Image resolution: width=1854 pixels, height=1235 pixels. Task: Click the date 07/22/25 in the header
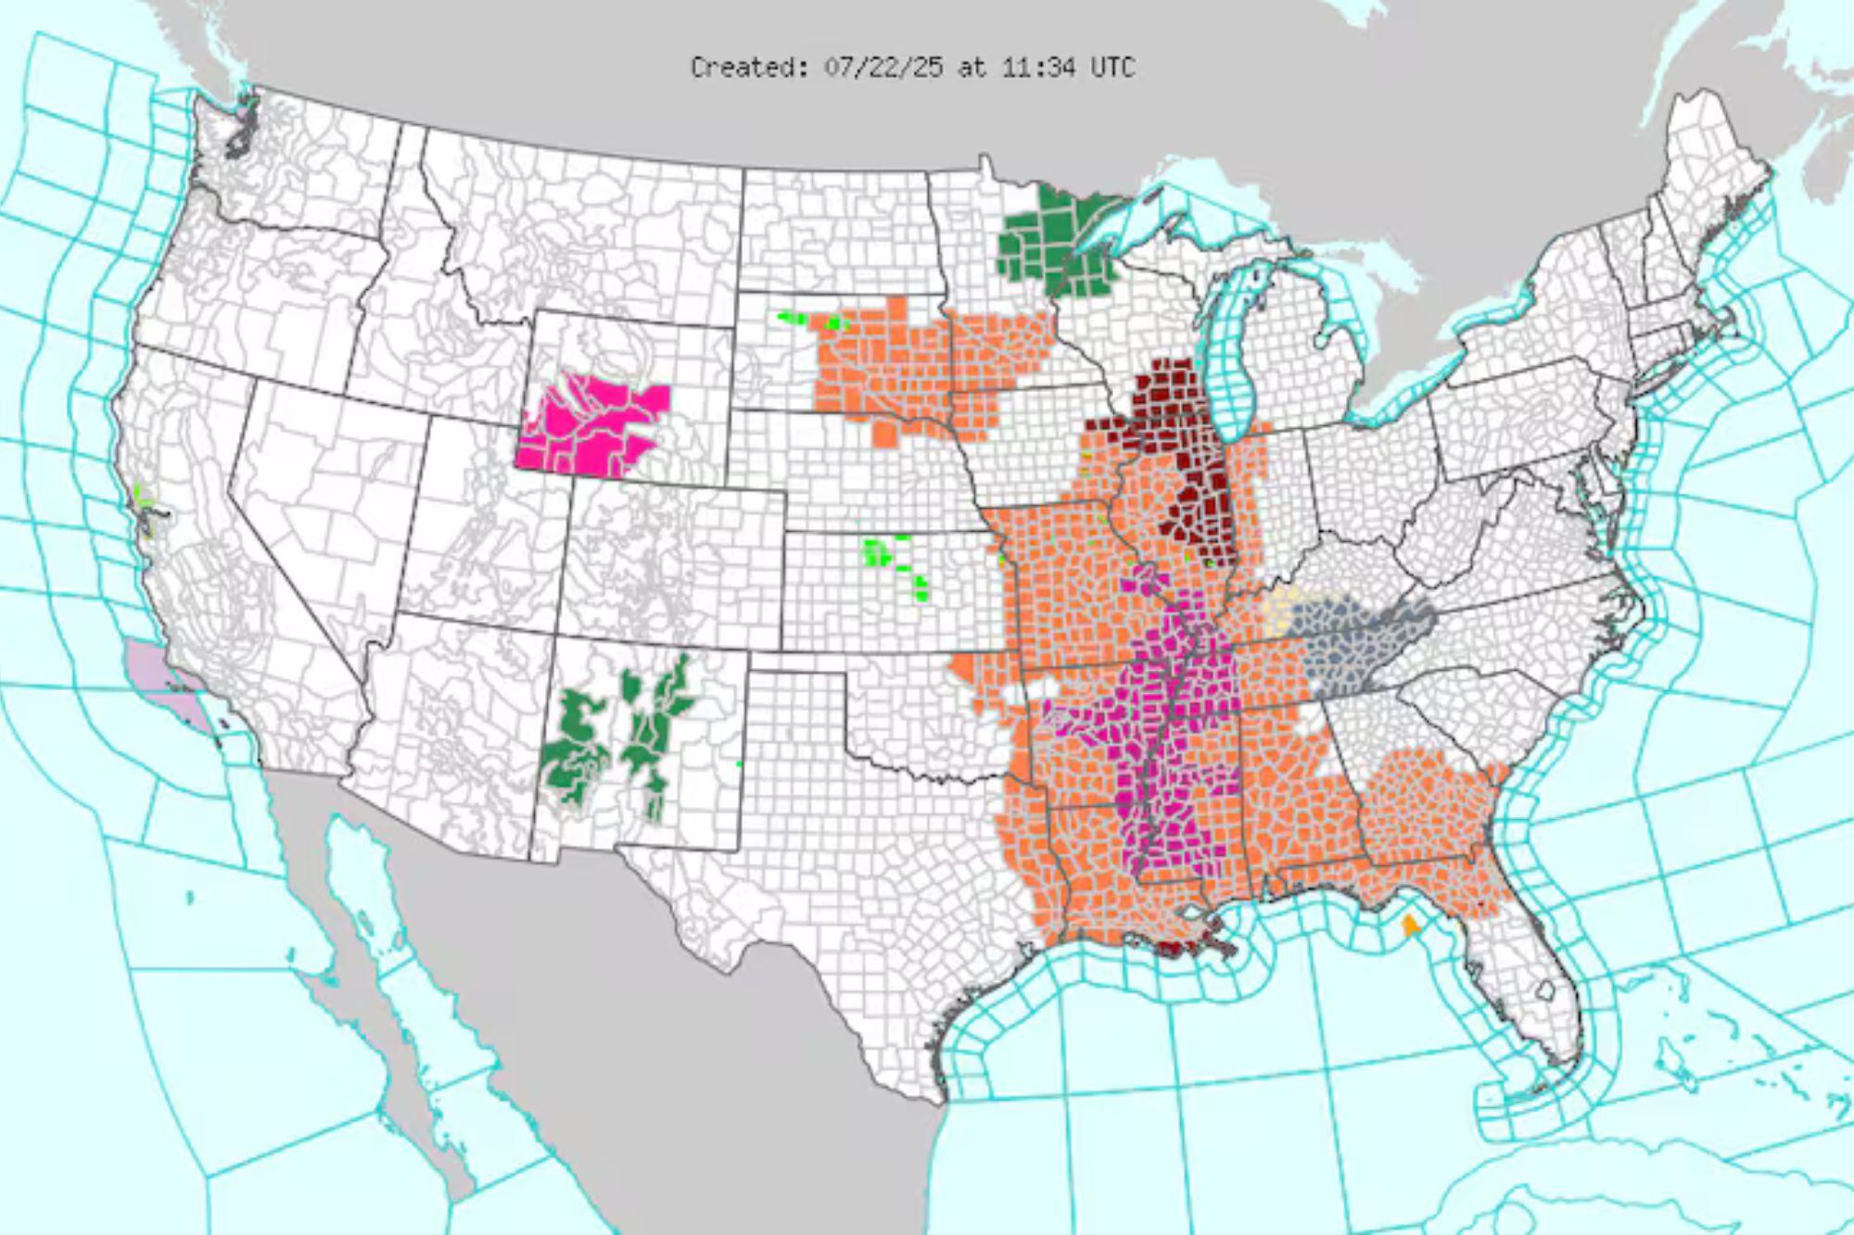(883, 68)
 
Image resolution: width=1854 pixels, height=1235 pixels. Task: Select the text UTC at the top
(1112, 68)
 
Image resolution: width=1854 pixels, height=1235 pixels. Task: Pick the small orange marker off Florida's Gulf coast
(1410, 925)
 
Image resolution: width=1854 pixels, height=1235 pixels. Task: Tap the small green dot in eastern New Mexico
(739, 763)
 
